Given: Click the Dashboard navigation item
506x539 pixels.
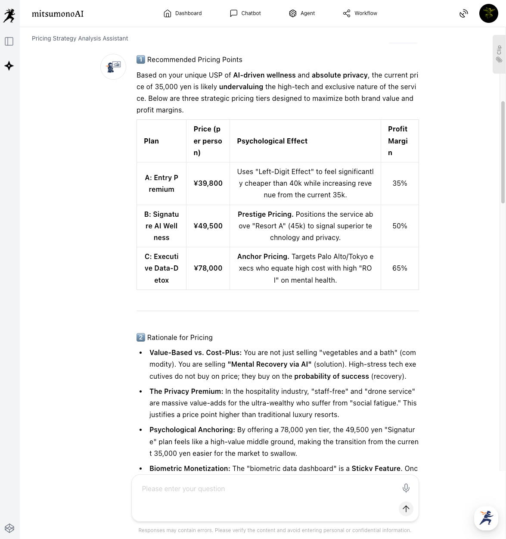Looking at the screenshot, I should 183,13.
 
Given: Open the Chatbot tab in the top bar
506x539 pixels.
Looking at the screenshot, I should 245,13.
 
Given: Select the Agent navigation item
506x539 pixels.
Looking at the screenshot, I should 302,13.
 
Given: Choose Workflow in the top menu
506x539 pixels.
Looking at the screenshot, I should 360,13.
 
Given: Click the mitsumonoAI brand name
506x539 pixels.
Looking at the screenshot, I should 58,14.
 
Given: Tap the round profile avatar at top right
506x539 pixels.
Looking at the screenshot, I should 488,13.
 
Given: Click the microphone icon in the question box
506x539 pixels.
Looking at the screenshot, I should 406,488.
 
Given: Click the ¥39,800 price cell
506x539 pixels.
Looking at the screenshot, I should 208,183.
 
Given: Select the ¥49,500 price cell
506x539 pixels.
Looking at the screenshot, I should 208,226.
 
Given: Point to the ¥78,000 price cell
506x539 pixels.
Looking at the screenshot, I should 208,268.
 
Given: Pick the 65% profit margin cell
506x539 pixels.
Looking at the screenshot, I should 400,268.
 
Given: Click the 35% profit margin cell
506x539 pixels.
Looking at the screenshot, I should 400,183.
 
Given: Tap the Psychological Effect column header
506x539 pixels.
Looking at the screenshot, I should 272,141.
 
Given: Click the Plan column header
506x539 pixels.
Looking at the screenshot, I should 151,141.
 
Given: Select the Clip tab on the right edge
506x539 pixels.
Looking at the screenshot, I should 499,54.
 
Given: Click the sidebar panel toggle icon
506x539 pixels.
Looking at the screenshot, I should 9,41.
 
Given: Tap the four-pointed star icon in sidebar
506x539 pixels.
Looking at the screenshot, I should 9,66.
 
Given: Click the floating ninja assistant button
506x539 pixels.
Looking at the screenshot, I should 486,518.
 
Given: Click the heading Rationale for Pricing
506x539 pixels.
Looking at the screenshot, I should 180,337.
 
